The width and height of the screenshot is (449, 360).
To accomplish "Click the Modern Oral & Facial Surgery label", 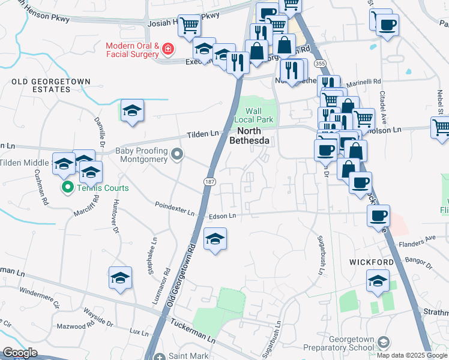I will click(132, 50).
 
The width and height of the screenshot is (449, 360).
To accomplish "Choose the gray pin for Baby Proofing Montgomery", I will click(176, 155).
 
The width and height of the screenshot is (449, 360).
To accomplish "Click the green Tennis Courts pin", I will click(67, 188).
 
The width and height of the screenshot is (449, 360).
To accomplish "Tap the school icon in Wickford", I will click(378, 281).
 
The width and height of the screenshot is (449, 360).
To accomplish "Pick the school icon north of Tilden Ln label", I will click(132, 110).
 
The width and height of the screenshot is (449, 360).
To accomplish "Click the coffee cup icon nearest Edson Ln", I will click(378, 215).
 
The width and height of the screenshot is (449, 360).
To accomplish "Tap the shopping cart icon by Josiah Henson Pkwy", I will click(189, 25).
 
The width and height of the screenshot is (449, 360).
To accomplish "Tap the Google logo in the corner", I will click(19, 353).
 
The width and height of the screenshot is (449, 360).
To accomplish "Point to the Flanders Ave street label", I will click(421, 239).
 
